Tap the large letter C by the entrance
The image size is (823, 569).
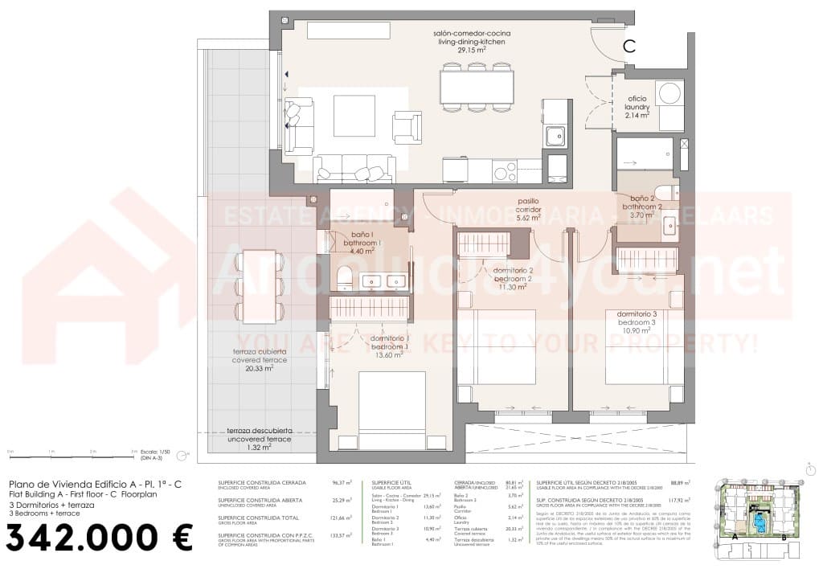point(629,47)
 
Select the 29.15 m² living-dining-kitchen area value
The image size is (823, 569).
point(473,50)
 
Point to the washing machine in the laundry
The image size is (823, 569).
point(668,93)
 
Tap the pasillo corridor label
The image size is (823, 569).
point(528,209)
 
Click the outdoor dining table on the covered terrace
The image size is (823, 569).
point(259,287)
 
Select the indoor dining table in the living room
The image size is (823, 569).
point(477,87)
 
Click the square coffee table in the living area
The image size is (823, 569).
point(354,116)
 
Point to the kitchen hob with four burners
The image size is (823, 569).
point(505,170)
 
